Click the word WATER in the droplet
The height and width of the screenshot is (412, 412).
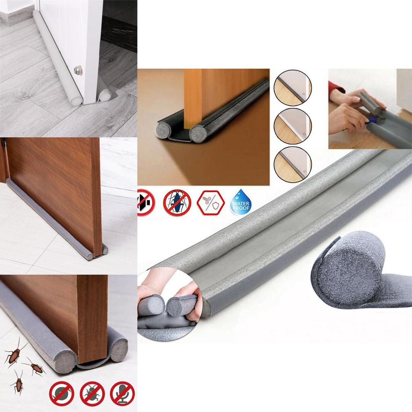pyautogui.click(x=241, y=204)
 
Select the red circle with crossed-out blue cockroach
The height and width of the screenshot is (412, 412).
pyautogui.click(x=176, y=202)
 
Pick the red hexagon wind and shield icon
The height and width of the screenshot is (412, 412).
pyautogui.click(x=210, y=202)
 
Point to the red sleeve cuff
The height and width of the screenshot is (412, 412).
pyautogui.click(x=335, y=87)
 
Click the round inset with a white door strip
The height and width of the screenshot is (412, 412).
pyautogui.click(x=293, y=126)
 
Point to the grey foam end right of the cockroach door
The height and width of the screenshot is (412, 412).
pyautogui.click(x=119, y=349)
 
